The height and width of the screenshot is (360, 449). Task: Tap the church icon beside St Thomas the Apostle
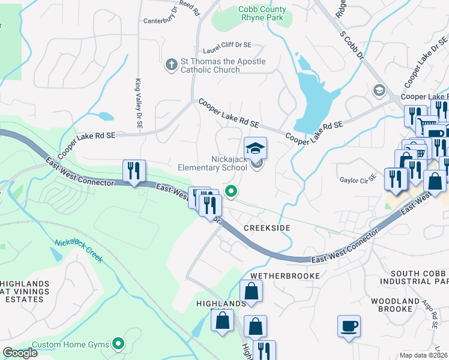click(x=171, y=64)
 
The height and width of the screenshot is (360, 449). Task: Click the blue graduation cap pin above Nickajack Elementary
click(x=255, y=148)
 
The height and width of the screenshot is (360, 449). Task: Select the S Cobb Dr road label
click(x=352, y=45)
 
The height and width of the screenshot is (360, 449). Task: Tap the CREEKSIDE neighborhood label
click(x=267, y=228)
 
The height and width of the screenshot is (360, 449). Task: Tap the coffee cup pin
click(x=349, y=326)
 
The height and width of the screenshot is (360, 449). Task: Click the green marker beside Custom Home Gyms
click(x=119, y=344)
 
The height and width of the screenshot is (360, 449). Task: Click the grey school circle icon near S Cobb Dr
click(x=379, y=91)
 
